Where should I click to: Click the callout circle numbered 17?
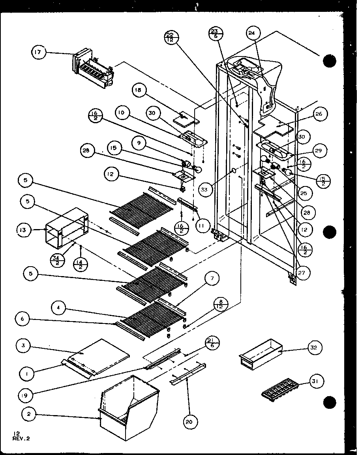39,52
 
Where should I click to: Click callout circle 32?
314,348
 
